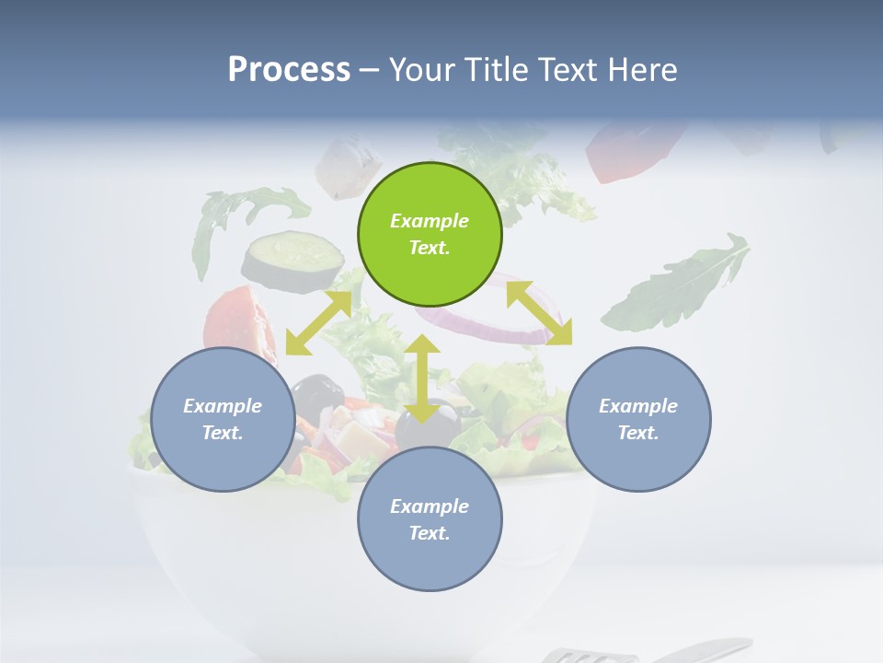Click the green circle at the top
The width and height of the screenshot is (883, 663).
click(430, 234)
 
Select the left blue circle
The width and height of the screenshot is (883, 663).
click(223, 419)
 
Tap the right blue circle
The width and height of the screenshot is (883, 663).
click(638, 419)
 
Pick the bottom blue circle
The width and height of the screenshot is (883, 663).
click(430, 518)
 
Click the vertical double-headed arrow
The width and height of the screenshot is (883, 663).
click(422, 378)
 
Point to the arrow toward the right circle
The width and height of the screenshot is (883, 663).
click(539, 313)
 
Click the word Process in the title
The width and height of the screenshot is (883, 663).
click(289, 69)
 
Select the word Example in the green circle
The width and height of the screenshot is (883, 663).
click(430, 221)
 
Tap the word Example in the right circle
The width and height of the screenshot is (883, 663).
click(638, 406)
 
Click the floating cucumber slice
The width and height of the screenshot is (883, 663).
click(292, 260)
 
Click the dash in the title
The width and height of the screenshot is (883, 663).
click(369, 69)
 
